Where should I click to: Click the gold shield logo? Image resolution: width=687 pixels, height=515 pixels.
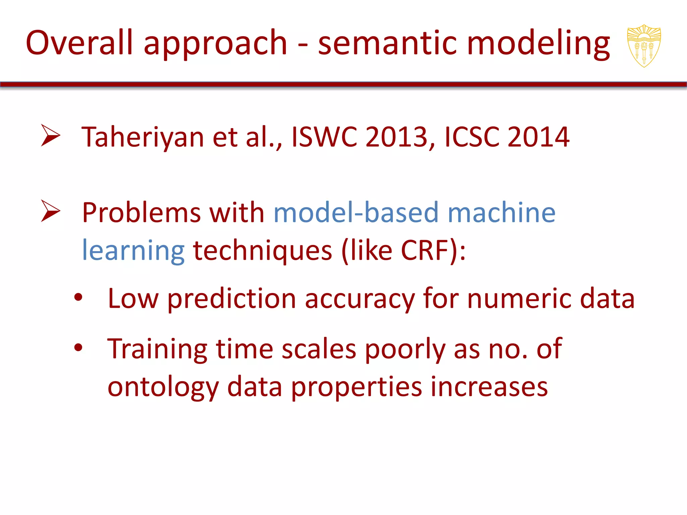coord(644,46)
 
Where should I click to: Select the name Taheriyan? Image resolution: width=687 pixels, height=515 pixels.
coord(143,137)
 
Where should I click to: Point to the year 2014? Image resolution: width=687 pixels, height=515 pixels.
coord(538,137)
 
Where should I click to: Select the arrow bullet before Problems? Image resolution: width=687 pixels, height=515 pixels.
coord(50,211)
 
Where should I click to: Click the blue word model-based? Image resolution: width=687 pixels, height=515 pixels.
coord(356,213)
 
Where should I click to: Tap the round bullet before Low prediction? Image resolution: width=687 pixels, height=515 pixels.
coord(78,297)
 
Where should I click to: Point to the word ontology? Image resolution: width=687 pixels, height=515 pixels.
coord(163,388)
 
